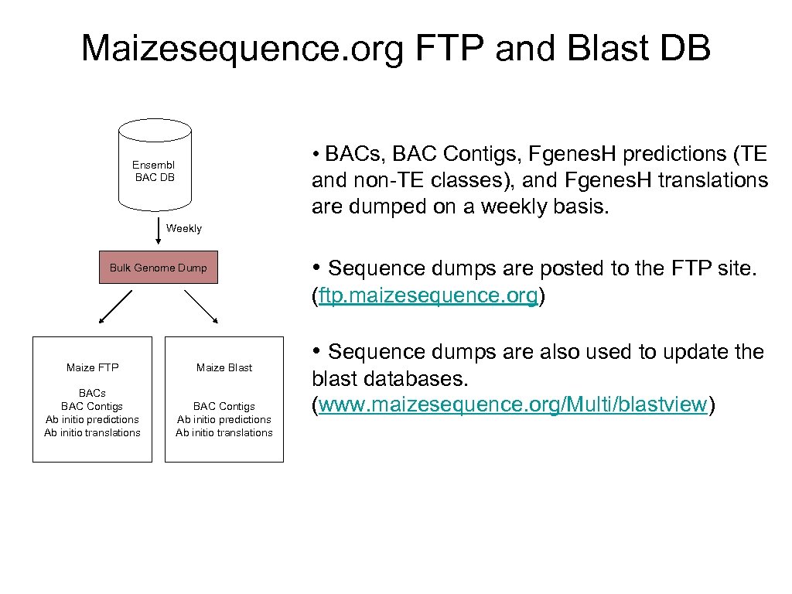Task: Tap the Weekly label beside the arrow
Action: (183, 228)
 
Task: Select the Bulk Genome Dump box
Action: (159, 268)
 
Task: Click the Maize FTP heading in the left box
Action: (92, 367)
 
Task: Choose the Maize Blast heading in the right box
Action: (224, 367)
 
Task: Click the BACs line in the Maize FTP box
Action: (92, 393)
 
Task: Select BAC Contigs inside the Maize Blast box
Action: (224, 406)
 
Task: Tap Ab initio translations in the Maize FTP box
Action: (92, 432)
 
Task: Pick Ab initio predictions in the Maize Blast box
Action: (224, 419)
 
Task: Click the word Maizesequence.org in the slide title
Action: (242, 48)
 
